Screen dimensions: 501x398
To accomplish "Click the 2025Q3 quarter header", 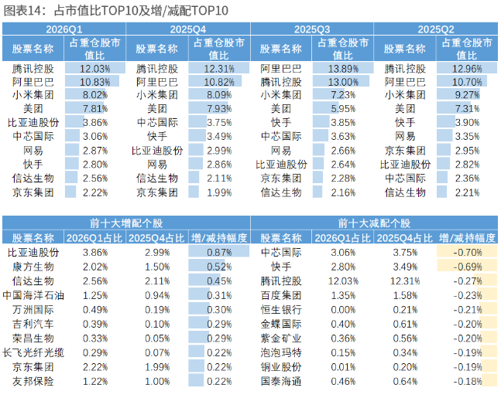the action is (312, 29).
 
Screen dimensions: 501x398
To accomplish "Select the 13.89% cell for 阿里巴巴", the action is (343, 69).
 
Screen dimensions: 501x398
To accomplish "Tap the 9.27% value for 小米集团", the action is (467, 95).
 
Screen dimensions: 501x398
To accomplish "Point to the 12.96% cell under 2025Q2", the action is (467, 69).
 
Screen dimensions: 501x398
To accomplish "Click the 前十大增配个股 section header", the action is (126, 223).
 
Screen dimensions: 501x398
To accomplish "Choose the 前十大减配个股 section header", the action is (374, 223).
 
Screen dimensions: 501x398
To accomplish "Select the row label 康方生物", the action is (33, 267).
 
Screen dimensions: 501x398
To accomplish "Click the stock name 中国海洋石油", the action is (33, 295).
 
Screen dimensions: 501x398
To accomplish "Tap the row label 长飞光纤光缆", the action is (33, 352).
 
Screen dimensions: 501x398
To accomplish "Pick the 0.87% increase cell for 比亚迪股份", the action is (219, 253).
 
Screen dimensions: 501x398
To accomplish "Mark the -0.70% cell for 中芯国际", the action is (467, 253).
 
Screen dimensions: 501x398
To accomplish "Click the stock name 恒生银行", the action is (281, 310).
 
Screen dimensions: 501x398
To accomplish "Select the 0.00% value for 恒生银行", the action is (343, 310).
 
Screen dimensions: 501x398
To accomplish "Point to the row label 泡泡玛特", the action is (281, 352).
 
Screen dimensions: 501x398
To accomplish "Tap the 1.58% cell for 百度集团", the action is (405, 295).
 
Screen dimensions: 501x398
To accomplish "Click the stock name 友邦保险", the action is (33, 382).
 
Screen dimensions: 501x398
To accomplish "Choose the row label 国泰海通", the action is (281, 382).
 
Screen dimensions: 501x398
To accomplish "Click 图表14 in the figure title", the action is (22, 11).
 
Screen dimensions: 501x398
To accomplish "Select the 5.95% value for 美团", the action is (343, 109).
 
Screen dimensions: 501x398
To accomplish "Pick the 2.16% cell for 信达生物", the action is (343, 192).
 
